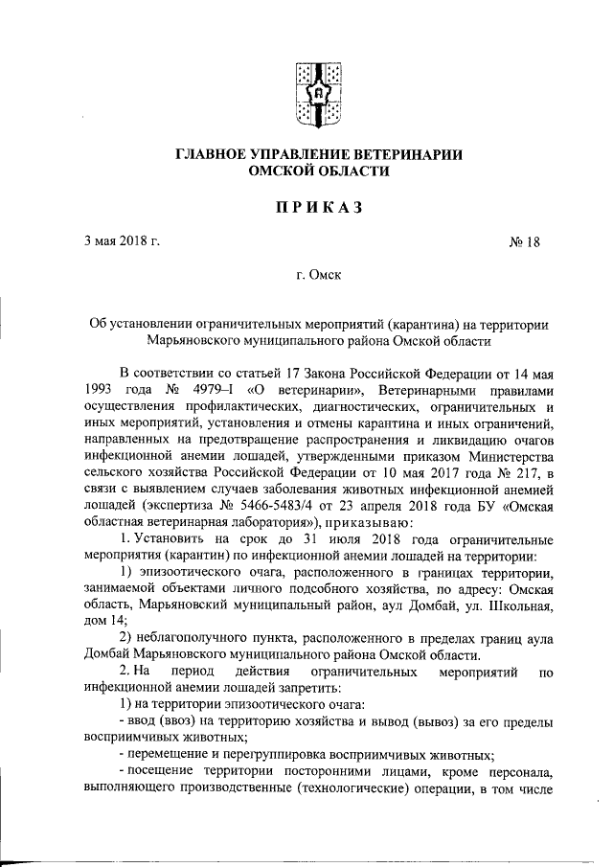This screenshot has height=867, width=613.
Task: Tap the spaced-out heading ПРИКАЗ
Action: [x=315, y=206]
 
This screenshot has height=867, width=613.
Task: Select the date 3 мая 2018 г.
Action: [x=121, y=240]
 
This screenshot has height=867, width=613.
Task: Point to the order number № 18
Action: [x=524, y=241]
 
